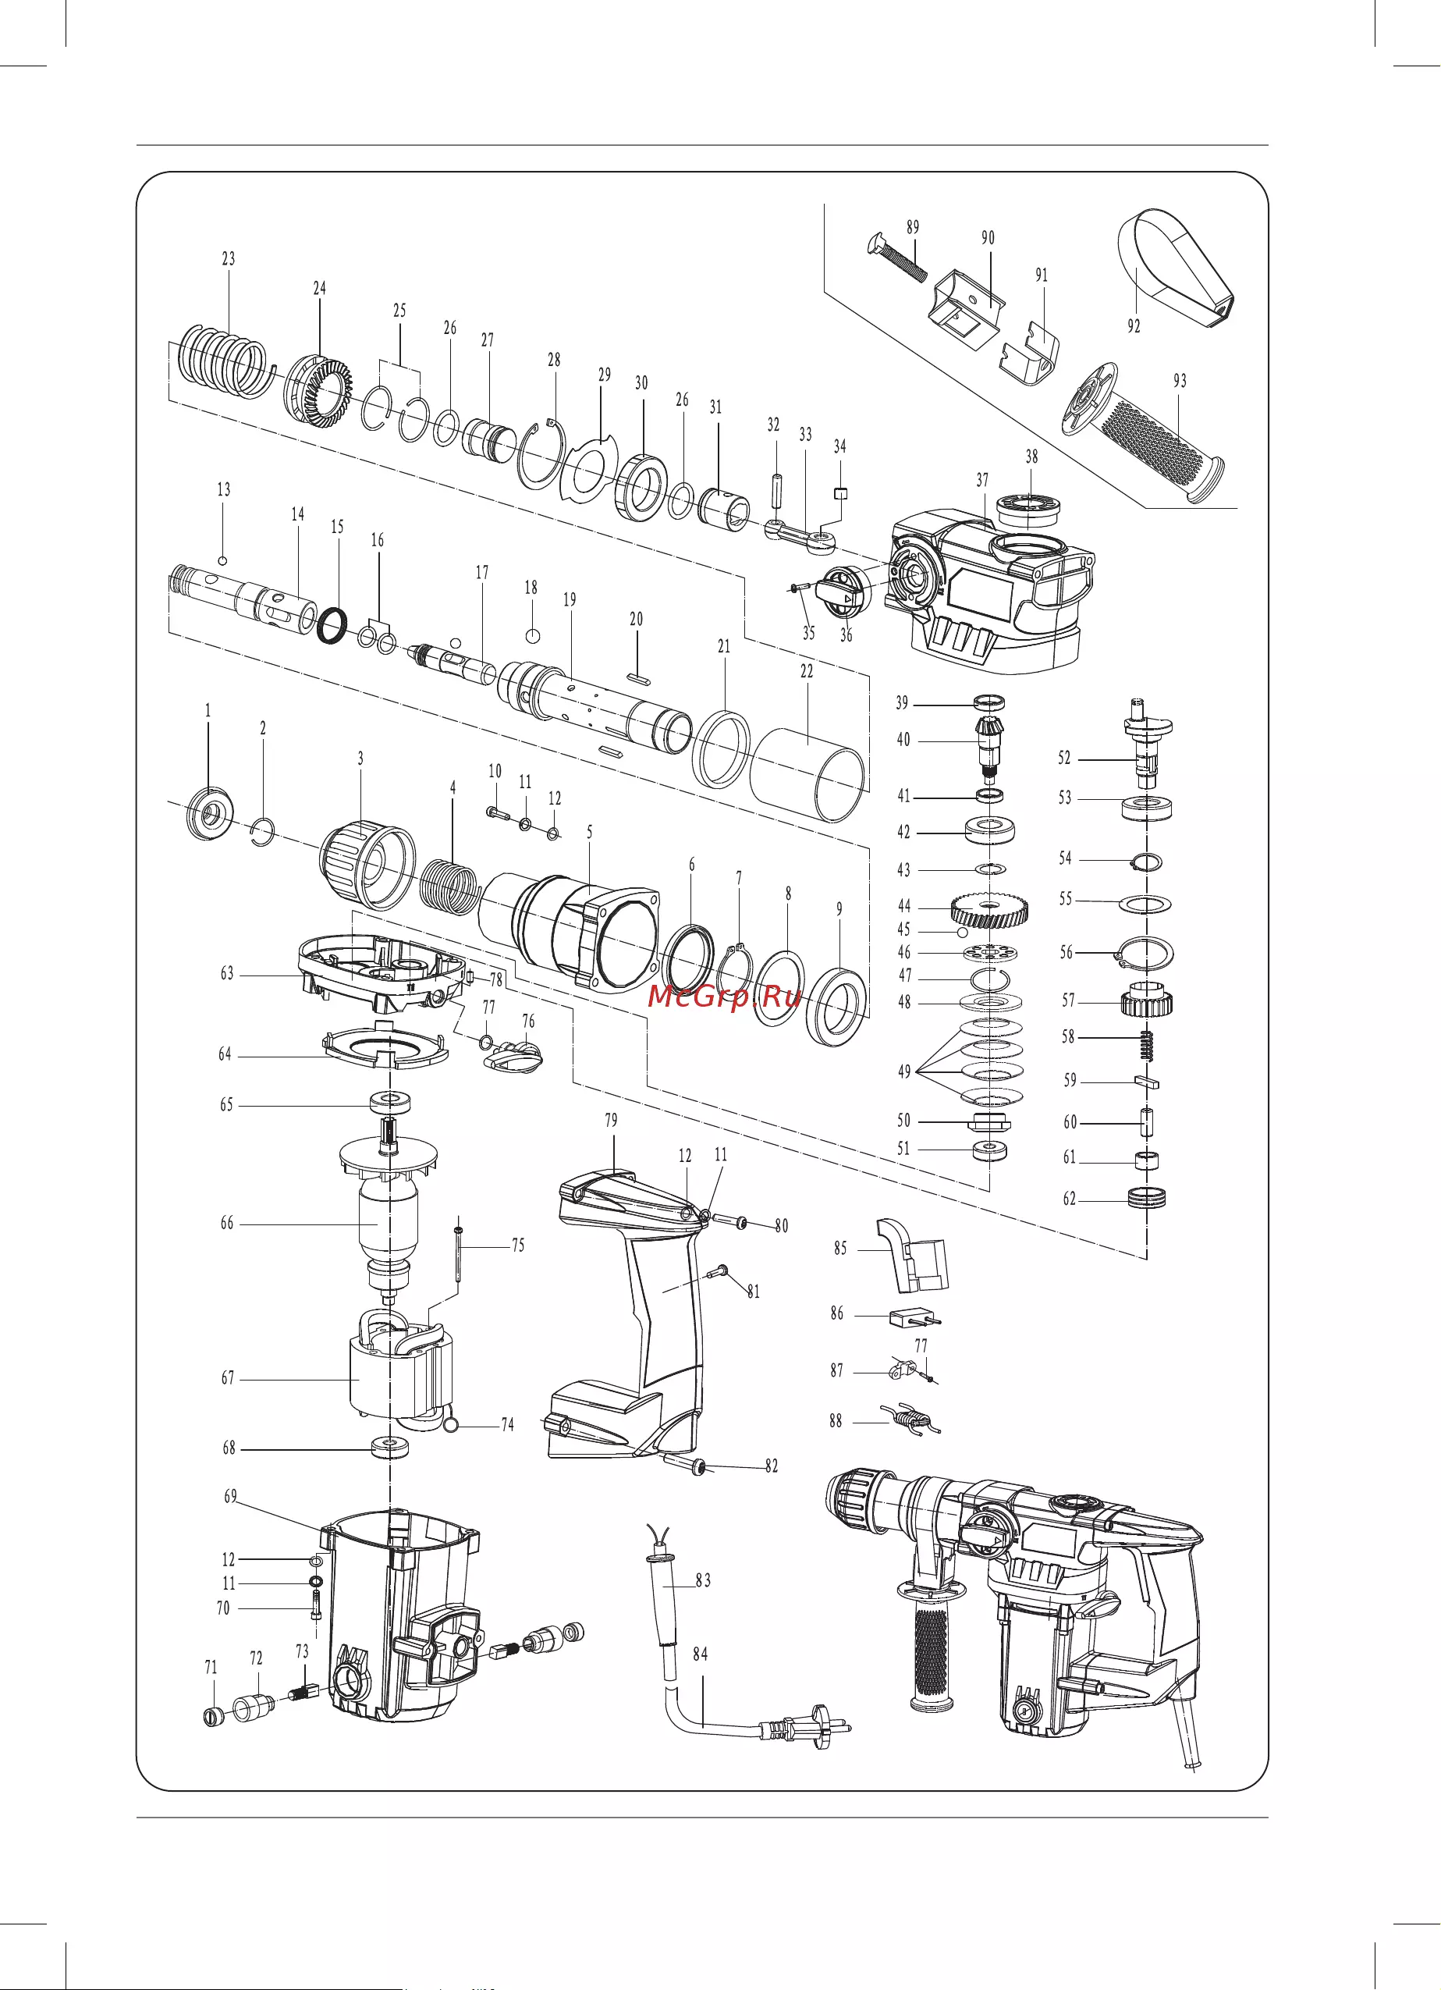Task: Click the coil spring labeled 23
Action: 224,361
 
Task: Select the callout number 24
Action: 319,288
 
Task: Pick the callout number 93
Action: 1180,381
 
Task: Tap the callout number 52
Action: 1065,758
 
